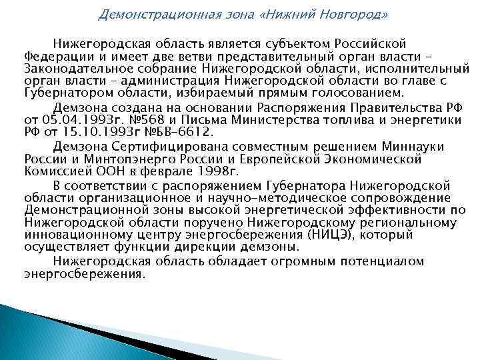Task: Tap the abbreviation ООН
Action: click(x=100, y=171)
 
